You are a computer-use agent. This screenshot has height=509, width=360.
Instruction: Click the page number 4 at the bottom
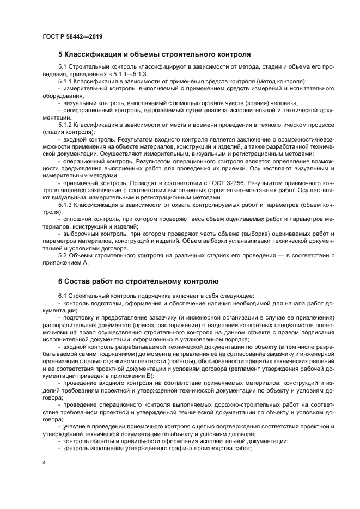pos(44,462)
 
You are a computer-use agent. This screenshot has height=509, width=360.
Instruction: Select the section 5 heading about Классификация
pos(154,54)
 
